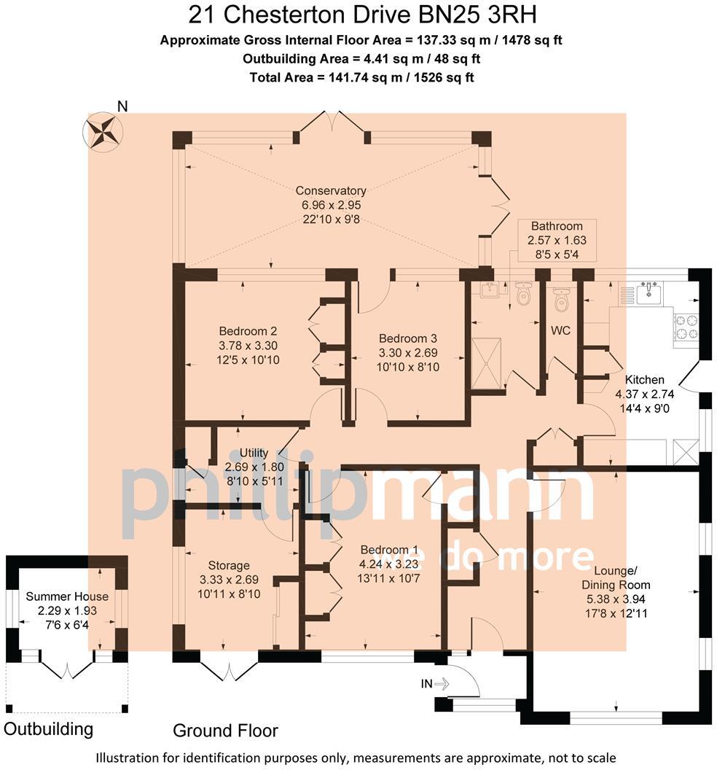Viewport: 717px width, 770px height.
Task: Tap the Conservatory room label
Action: coord(331,191)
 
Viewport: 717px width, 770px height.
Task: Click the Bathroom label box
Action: coord(556,226)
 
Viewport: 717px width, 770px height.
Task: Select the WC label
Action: coord(560,330)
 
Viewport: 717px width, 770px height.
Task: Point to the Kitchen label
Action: coord(645,379)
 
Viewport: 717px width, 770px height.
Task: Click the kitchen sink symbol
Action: coord(648,293)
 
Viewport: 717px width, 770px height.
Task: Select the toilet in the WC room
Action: coord(561,298)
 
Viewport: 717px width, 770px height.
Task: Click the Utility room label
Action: coord(254,453)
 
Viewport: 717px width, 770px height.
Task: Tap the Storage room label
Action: coord(228,565)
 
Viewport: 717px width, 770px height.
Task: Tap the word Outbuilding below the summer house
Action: coord(48,728)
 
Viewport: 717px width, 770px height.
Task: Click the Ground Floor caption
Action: coord(225,730)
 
